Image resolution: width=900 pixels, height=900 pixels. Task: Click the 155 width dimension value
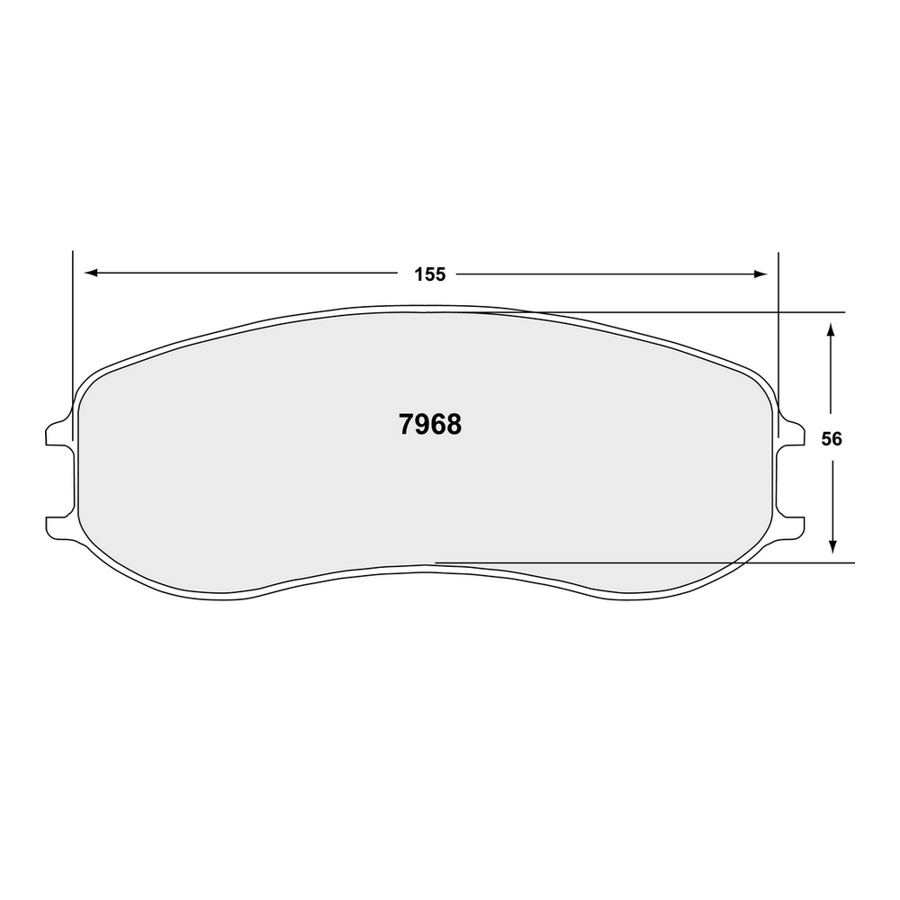coord(430,274)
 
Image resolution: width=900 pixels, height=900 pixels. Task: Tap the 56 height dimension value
coord(832,439)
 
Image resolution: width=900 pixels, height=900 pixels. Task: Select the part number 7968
coord(429,425)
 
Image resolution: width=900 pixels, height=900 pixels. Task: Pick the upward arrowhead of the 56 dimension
coord(832,330)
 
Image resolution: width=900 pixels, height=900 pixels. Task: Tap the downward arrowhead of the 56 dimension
coord(832,545)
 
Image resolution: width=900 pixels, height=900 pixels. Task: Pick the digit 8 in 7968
coord(454,425)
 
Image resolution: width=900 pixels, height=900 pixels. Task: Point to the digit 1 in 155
coord(419,274)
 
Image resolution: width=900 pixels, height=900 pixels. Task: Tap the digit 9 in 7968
coord(421,425)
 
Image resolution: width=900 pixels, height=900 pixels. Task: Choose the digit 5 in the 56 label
coord(826,439)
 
